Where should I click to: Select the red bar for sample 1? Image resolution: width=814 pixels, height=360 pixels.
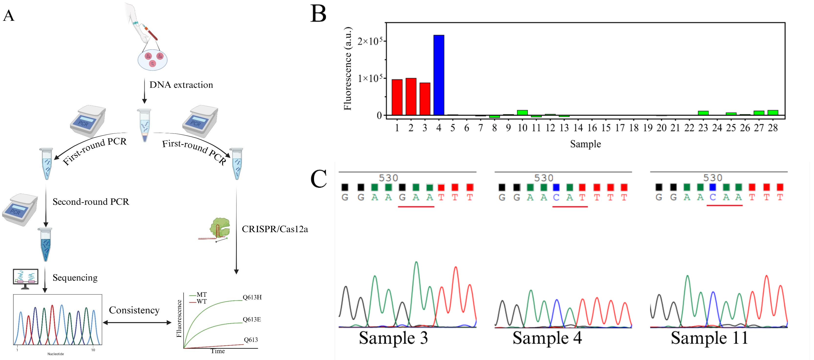click(x=397, y=97)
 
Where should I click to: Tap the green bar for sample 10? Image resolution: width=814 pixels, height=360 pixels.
click(x=522, y=112)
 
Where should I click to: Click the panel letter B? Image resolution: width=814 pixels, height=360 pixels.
click(x=318, y=14)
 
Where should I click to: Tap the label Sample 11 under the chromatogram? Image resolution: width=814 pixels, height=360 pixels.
click(x=709, y=338)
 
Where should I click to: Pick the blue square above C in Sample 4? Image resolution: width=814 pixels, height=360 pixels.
click(x=556, y=187)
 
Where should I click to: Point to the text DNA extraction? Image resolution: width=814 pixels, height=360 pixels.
click(x=181, y=85)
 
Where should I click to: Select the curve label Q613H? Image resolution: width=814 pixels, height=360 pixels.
click(x=252, y=297)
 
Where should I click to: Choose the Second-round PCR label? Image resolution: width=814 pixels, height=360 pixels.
click(x=91, y=202)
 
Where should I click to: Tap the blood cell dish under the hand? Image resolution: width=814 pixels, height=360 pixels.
click(x=152, y=59)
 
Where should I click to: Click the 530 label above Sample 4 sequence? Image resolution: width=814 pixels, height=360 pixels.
click(x=544, y=178)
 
